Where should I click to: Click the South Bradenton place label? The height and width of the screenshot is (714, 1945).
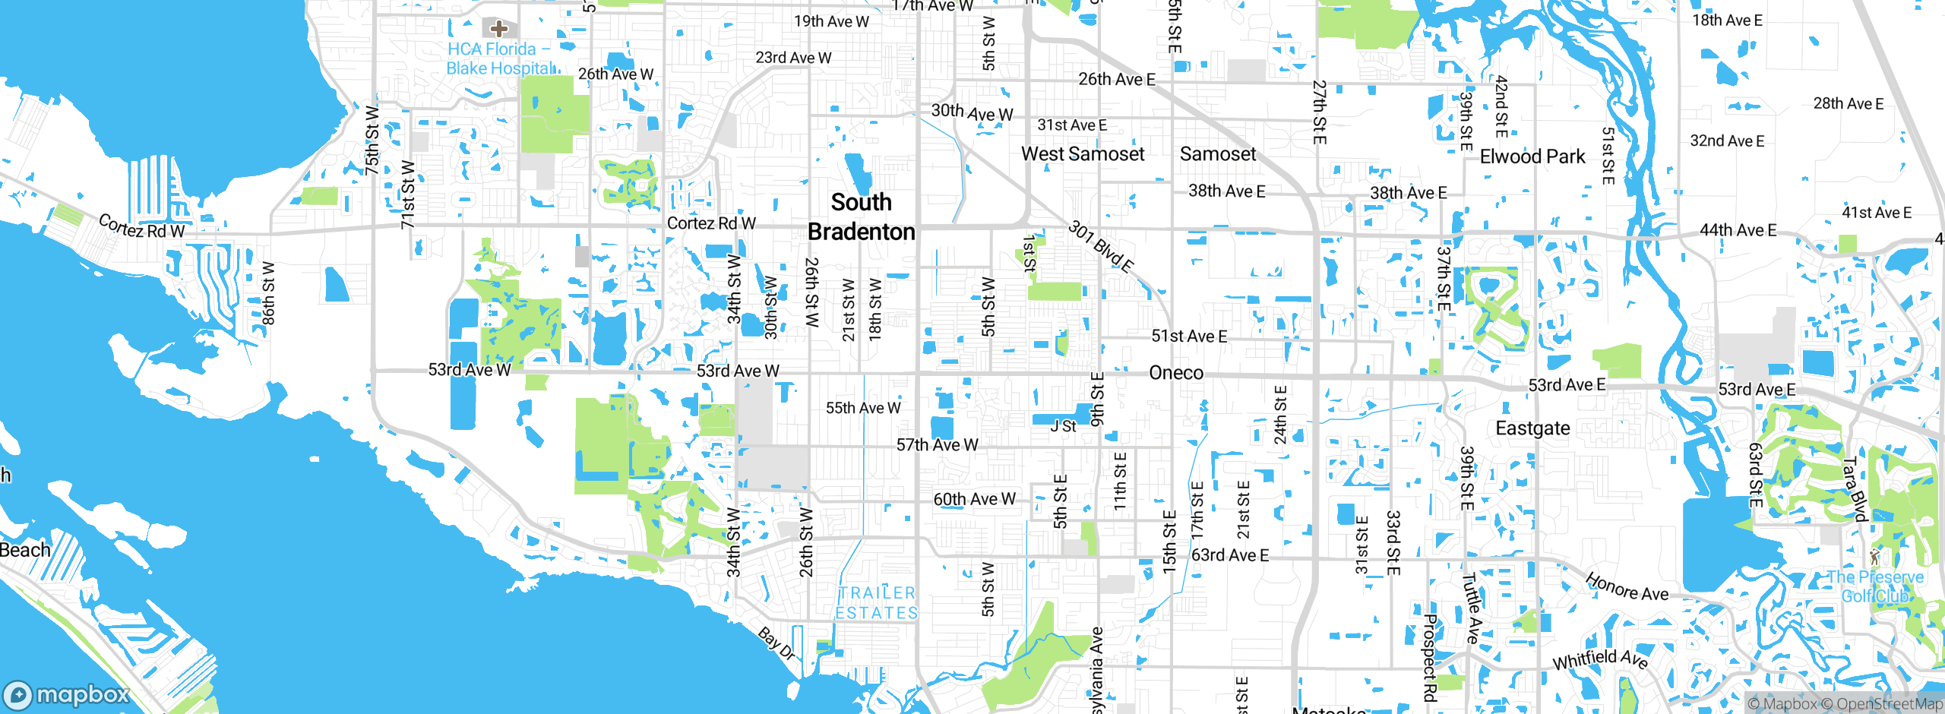click(861, 216)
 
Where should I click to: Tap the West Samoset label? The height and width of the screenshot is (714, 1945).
click(1082, 154)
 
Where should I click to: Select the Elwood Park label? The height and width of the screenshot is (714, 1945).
click(1532, 156)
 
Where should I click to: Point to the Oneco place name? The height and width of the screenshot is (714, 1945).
click(1175, 373)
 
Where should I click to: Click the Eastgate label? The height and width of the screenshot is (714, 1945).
click(1532, 428)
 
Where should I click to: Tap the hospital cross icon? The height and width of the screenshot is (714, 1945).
click(498, 29)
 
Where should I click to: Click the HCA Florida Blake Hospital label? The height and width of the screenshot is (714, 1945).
click(500, 58)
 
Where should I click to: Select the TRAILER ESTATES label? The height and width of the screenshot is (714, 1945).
click(876, 603)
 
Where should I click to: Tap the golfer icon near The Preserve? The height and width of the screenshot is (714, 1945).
click(1874, 557)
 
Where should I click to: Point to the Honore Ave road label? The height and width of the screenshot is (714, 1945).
click(1626, 587)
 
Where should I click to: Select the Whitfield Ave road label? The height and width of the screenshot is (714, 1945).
click(1599, 659)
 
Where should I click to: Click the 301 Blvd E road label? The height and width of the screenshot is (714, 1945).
click(1101, 246)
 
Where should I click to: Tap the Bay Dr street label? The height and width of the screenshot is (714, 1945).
click(776, 643)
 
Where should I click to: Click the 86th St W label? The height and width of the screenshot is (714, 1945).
click(268, 293)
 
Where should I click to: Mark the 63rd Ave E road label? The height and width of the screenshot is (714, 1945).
click(1229, 555)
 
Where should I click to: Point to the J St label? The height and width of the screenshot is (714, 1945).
click(1063, 427)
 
